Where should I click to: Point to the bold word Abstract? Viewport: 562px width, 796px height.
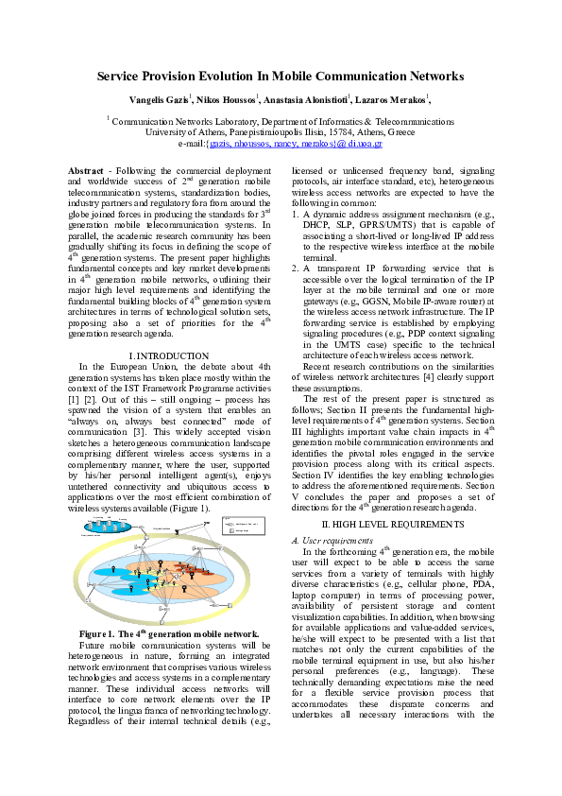tap(86, 170)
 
